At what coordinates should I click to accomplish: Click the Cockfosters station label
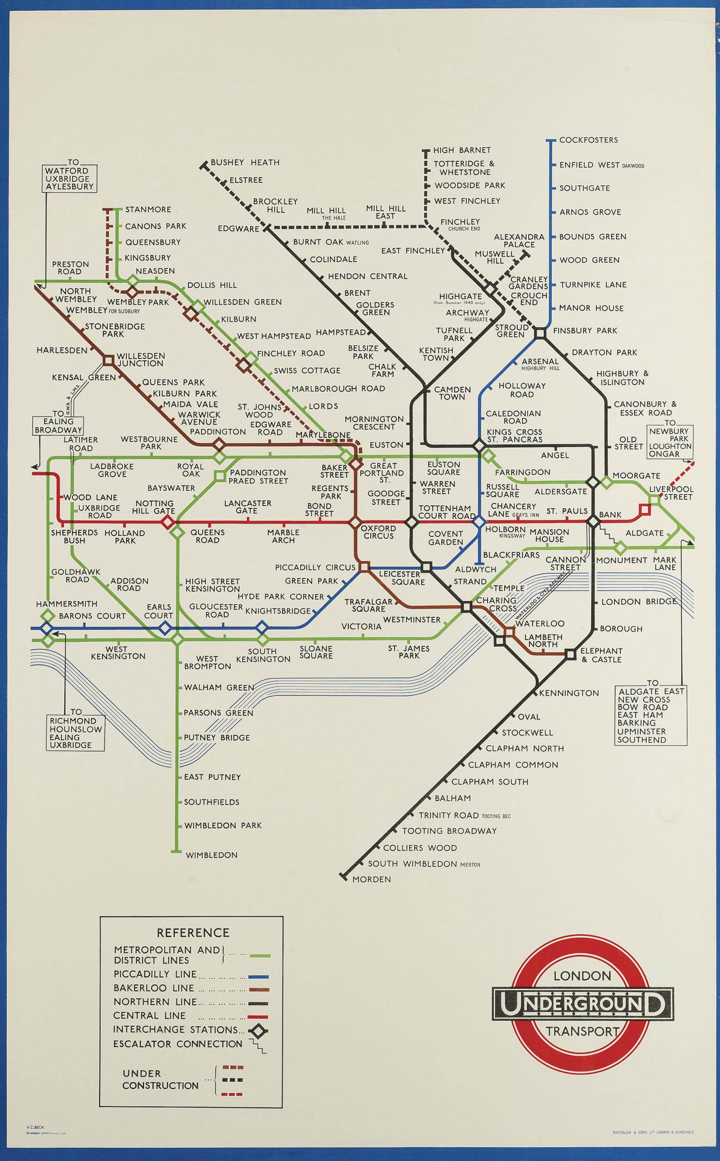pyautogui.click(x=588, y=140)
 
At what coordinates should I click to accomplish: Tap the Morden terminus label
pyautogui.click(x=371, y=879)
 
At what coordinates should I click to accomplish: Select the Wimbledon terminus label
pyautogui.click(x=211, y=855)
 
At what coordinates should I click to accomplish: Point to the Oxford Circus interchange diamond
pyautogui.click(x=355, y=523)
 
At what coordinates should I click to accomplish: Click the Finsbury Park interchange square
pyautogui.click(x=540, y=333)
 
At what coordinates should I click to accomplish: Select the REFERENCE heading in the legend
pyautogui.click(x=193, y=932)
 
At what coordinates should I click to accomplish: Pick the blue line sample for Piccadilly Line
pyautogui.click(x=259, y=977)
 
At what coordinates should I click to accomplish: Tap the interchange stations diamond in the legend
pyautogui.click(x=259, y=1031)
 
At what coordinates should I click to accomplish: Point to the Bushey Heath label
pyautogui.click(x=245, y=162)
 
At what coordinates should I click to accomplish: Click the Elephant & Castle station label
pyautogui.click(x=601, y=655)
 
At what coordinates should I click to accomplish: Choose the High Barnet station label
pyautogui.click(x=461, y=150)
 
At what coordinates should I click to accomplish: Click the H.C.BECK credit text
pyautogui.click(x=35, y=1127)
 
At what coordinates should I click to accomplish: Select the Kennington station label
pyautogui.click(x=569, y=693)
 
